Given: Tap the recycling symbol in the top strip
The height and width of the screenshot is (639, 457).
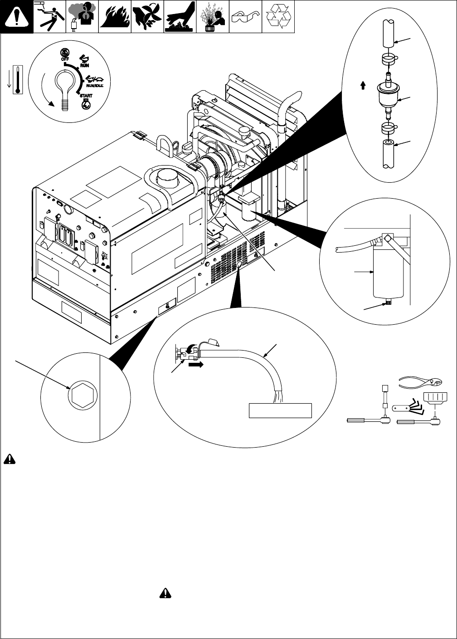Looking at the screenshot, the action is point(278,16).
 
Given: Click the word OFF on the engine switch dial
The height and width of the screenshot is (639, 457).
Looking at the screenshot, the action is point(65,59).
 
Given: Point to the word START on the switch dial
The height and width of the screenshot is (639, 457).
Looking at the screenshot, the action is point(86,96).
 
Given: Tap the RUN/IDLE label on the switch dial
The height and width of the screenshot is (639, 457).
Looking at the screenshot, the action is point(95,86).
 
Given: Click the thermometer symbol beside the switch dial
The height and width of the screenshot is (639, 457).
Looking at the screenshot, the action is point(18,80).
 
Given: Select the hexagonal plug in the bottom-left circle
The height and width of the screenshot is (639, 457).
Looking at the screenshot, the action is point(83,395).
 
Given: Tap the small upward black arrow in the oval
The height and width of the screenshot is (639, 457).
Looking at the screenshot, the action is point(363,85).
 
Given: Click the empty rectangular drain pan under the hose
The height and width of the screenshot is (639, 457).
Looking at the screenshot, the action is point(280,410).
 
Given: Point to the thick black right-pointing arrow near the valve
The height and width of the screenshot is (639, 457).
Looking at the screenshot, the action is point(196,364).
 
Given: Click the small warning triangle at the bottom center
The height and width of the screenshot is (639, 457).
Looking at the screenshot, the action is point(165,593).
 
